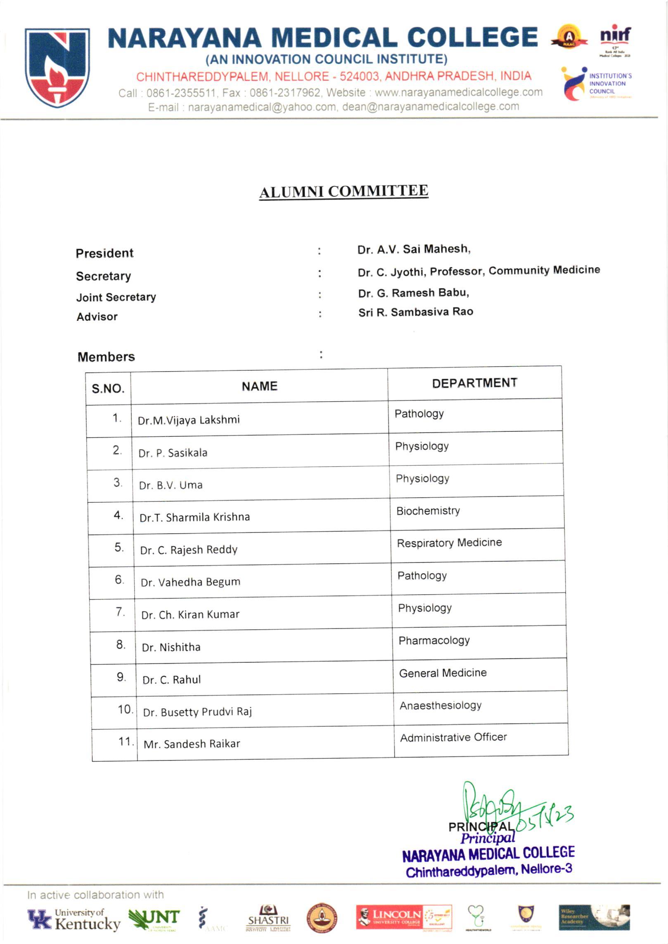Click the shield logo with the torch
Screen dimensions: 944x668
tap(57, 67)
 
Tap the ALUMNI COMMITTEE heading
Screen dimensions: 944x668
tap(343, 192)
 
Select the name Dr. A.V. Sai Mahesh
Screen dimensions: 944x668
tap(414, 250)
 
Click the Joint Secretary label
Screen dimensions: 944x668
tap(116, 297)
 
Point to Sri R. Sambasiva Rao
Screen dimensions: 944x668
tap(415, 312)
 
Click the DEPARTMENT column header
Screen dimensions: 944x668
tap(474, 383)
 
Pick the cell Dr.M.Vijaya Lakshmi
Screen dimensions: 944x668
tap(189, 420)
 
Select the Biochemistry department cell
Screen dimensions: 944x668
tap(428, 511)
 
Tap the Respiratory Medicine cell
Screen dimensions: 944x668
tap(449, 543)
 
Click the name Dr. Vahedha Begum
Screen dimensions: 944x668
tap(190, 582)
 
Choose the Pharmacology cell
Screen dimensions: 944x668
tap(434, 640)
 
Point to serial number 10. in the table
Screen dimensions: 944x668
tap(125, 709)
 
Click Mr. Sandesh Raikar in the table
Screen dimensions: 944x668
tap(192, 744)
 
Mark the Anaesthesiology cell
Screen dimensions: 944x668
tap(440, 706)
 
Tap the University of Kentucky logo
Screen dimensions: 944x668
tap(74, 919)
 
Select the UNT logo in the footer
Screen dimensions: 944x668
tap(154, 919)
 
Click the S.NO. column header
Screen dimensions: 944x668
tap(108, 388)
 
